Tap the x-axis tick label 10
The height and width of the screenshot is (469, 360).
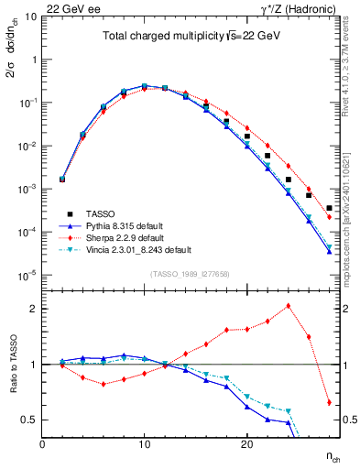pyautogui.click(x=145, y=443)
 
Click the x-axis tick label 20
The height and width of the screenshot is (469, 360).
pyautogui.click(x=246, y=443)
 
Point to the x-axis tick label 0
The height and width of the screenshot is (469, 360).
pyautogui.click(x=43, y=443)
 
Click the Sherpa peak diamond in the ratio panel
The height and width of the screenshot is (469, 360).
pyautogui.click(x=289, y=306)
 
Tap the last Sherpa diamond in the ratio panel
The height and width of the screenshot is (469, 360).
pyautogui.click(x=329, y=402)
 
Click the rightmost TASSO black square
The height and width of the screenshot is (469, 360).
pyautogui.click(x=329, y=209)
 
